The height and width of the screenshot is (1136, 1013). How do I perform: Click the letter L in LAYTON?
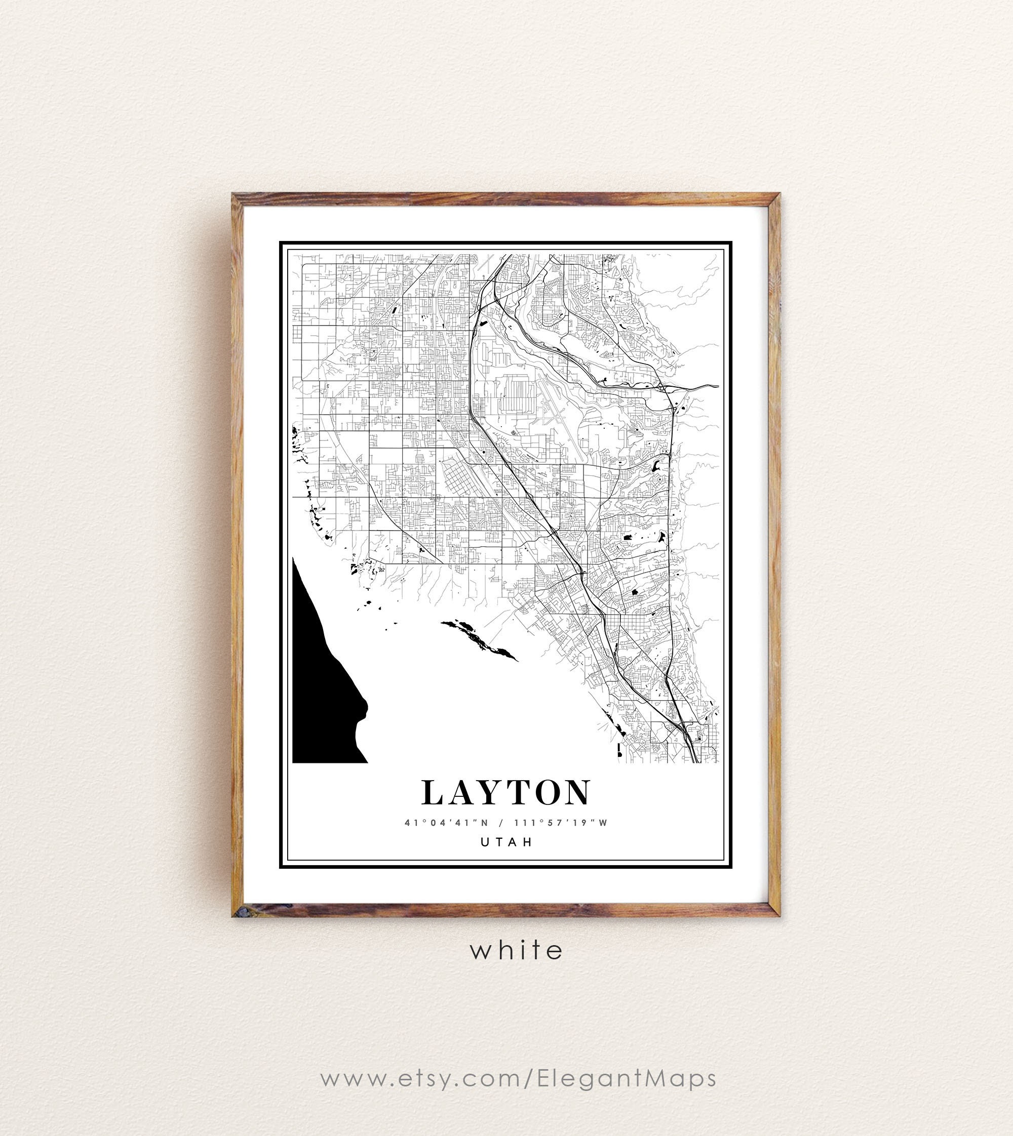[434, 793]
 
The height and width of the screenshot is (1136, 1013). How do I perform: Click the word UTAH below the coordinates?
[506, 842]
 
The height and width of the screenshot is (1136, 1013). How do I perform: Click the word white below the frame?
[517, 950]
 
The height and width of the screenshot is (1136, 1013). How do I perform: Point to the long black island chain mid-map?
[479, 640]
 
